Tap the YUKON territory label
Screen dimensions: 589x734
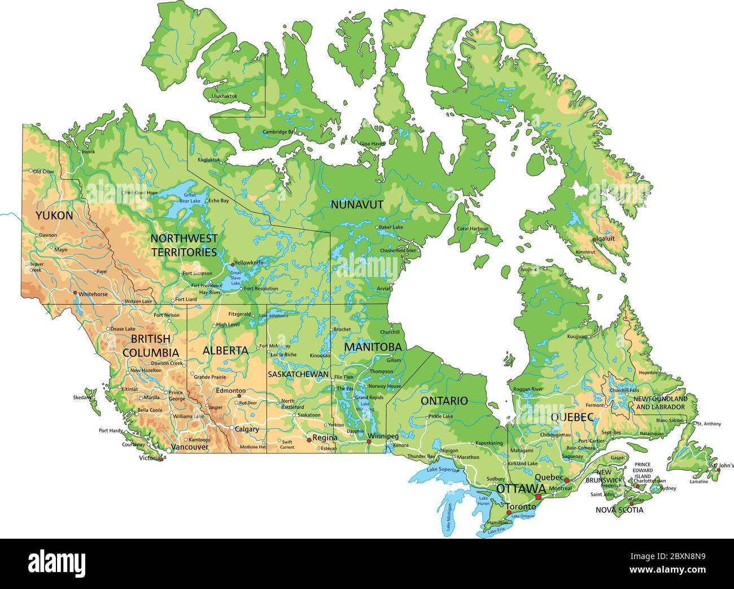point(54,216)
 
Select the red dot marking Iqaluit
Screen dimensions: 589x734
point(593,240)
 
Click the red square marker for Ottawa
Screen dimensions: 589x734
point(538,497)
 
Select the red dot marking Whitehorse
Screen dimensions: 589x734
point(75,292)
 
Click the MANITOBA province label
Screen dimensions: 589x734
point(373,347)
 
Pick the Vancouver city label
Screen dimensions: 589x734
point(190,447)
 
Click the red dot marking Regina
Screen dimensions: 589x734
point(308,439)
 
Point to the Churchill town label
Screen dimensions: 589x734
point(390,332)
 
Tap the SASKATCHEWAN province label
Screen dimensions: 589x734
point(298,374)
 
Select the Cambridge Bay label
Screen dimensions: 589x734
point(279,132)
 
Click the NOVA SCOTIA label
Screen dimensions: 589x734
point(619,510)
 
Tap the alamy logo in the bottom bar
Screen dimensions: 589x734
point(57,563)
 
